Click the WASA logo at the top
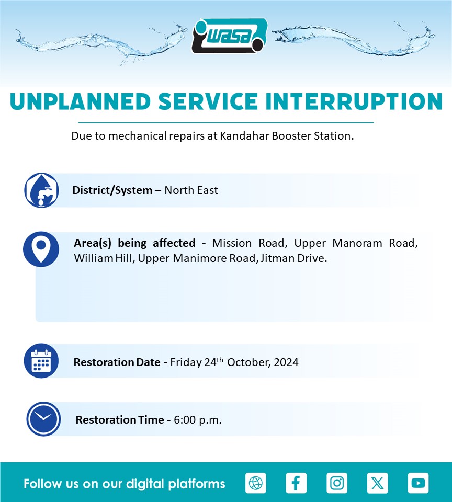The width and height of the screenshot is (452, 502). point(230,36)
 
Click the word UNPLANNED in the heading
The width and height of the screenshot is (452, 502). point(81,102)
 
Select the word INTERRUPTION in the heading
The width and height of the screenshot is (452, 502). point(354,102)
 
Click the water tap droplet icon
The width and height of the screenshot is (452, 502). point(41,190)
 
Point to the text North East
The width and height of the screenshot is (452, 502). point(191,190)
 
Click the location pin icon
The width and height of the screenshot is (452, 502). point(41,249)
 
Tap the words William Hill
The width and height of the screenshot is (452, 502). point(103,258)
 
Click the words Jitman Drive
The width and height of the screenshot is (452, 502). point(293,258)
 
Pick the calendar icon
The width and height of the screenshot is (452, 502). point(41,361)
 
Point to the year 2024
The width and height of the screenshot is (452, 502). point(286,362)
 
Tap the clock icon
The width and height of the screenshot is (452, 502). point(43,419)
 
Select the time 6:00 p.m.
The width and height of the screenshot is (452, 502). point(198,420)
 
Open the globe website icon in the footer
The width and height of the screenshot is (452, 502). point(256,483)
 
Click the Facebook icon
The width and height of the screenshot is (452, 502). point(296,483)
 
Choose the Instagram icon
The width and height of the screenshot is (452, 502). point(337,483)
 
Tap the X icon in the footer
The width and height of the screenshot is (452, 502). point(377,483)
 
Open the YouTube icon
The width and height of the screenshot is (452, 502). point(418,483)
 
